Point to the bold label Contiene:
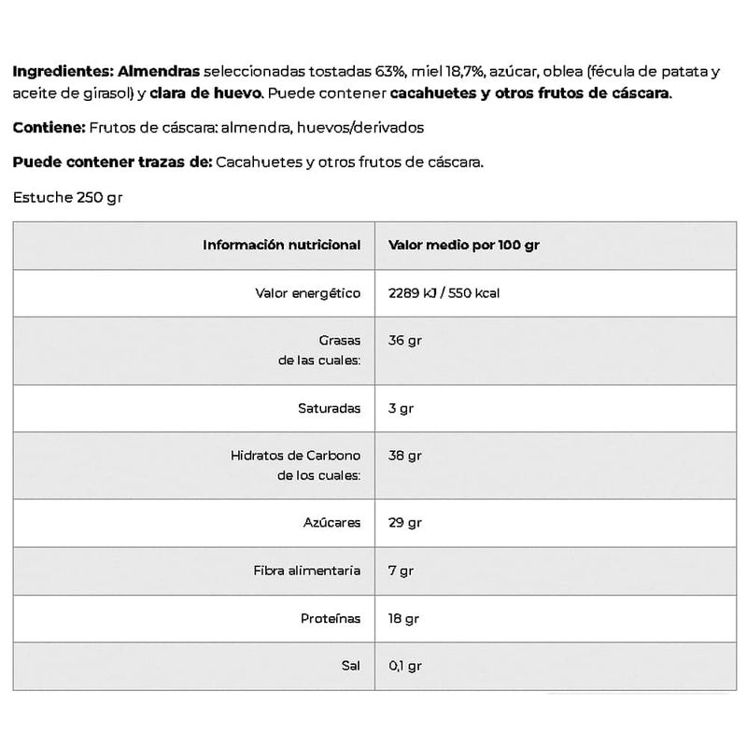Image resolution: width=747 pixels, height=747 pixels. (x=48, y=128)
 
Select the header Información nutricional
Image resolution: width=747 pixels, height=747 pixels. (x=281, y=246)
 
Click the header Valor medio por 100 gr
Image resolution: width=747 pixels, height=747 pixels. (x=464, y=246)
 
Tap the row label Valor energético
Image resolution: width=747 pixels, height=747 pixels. (x=307, y=293)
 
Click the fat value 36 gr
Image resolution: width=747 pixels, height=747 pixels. (x=404, y=341)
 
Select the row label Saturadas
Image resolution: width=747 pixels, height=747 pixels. (x=328, y=408)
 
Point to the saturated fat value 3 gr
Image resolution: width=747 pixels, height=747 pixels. (x=401, y=408)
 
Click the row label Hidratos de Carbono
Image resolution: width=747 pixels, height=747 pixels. (x=295, y=456)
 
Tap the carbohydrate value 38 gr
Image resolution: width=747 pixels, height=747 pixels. (x=404, y=456)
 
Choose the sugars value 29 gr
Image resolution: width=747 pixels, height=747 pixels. (x=404, y=523)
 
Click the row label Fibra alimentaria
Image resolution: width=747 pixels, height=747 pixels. (x=306, y=571)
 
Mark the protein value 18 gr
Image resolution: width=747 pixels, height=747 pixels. (x=404, y=619)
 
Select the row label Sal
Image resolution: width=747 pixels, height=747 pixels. (x=350, y=667)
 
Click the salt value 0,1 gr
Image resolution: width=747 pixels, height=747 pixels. (x=405, y=667)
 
